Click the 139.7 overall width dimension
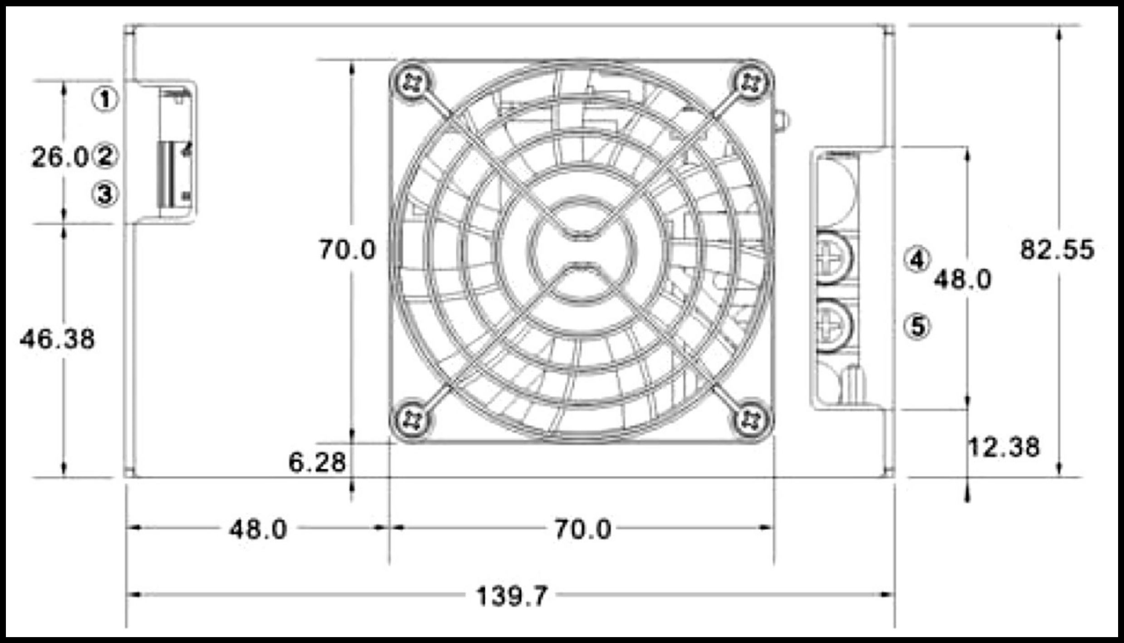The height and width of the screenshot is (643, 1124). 512,596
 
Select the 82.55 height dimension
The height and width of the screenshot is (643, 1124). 1057,250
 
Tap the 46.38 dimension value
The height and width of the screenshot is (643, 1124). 57,339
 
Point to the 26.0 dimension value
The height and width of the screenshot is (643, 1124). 59,157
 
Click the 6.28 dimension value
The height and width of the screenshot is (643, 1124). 317,463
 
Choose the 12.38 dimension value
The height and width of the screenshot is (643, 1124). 1004,447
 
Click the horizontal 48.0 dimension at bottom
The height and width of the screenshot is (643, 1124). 258,529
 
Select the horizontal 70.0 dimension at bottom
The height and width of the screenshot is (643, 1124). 583,529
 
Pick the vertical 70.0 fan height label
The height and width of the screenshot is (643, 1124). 347,250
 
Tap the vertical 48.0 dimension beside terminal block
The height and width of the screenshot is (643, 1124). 962,279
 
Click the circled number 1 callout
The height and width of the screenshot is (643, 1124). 105,99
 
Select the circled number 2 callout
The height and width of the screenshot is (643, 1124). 105,156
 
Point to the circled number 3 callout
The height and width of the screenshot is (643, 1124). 105,194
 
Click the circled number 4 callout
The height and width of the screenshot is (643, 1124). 917,260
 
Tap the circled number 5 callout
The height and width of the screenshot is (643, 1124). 917,326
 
